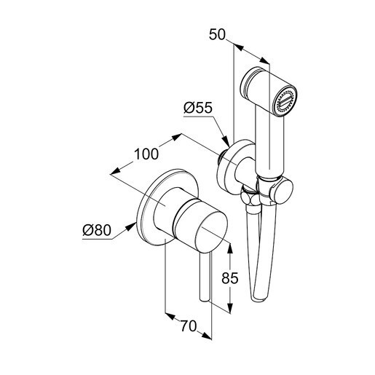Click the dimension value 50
(217, 34)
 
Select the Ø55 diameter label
(198, 108)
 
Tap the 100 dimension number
(146, 154)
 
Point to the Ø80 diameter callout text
(97, 230)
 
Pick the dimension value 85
(230, 278)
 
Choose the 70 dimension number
(189, 326)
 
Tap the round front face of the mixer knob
(211, 232)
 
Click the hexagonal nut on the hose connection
(247, 196)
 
